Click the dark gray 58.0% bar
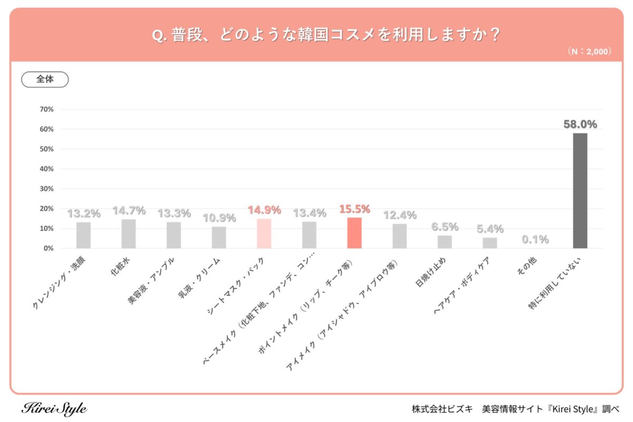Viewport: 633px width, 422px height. click(580, 190)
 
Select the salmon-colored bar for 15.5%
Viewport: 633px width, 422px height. click(354, 233)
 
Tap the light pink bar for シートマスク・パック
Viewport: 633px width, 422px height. click(264, 233)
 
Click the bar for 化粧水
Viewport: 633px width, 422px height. click(128, 234)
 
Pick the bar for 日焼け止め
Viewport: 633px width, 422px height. click(445, 242)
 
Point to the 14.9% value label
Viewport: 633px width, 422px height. click(264, 210)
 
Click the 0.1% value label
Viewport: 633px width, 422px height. click(535, 239)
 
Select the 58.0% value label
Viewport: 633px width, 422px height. click(580, 124)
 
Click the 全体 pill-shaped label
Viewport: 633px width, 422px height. click(45, 80)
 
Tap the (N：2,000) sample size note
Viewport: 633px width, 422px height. click(589, 52)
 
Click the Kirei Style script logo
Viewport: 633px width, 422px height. click(54, 409)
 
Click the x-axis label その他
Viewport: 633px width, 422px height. click(529, 271)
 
